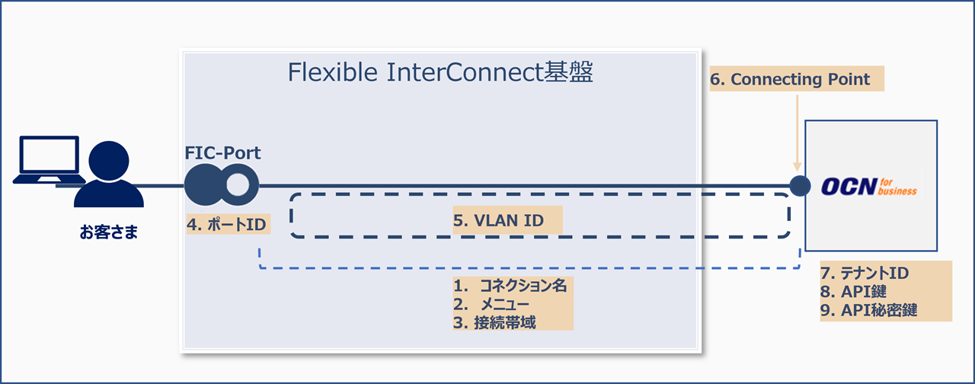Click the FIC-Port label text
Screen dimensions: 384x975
click(x=223, y=153)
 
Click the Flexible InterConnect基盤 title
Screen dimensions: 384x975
click(x=440, y=73)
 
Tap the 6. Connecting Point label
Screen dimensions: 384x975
click(x=796, y=79)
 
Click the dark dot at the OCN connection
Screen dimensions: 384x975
click(x=799, y=185)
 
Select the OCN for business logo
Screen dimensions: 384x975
click(x=870, y=186)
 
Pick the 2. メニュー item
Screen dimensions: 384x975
click(x=495, y=305)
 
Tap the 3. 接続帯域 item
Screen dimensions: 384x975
click(x=495, y=322)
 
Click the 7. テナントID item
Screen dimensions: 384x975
click(x=865, y=273)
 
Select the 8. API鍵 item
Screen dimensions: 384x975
click(x=855, y=291)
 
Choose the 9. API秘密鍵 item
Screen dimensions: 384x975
click(x=869, y=310)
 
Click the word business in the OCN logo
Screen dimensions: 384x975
click(x=900, y=191)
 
